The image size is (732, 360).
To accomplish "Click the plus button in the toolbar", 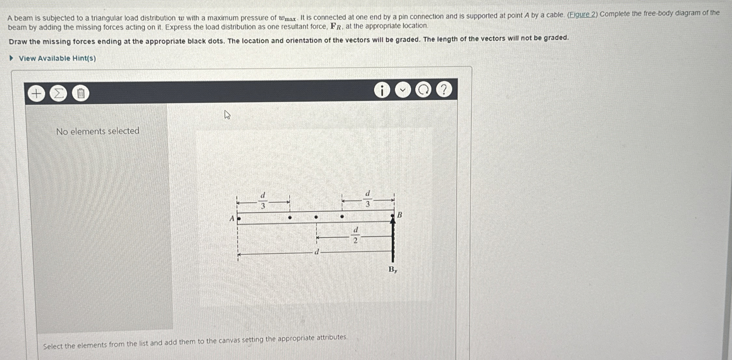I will [36, 94].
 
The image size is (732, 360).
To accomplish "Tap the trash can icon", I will [81, 94].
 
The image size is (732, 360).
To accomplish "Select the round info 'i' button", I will [382, 90].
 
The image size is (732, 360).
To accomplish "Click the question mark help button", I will [444, 89].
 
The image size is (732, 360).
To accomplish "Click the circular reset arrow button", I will [423, 90].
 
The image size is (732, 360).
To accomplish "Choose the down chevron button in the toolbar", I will [403, 90].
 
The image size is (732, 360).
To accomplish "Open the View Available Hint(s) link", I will [57, 58].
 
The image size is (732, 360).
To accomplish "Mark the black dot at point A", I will [239, 219].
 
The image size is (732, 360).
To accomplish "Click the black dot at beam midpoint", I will [316, 217].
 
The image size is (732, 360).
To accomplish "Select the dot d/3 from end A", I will [290, 217].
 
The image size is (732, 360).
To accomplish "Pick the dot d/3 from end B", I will [342, 216].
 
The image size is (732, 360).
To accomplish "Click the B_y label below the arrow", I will [393, 270].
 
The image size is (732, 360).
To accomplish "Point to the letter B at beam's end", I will [400, 215].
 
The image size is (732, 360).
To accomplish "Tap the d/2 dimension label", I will [356, 235].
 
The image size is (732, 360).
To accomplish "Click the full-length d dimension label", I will [317, 252].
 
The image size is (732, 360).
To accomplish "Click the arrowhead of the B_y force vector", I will [393, 220].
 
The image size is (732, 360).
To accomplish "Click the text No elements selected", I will [98, 131].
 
